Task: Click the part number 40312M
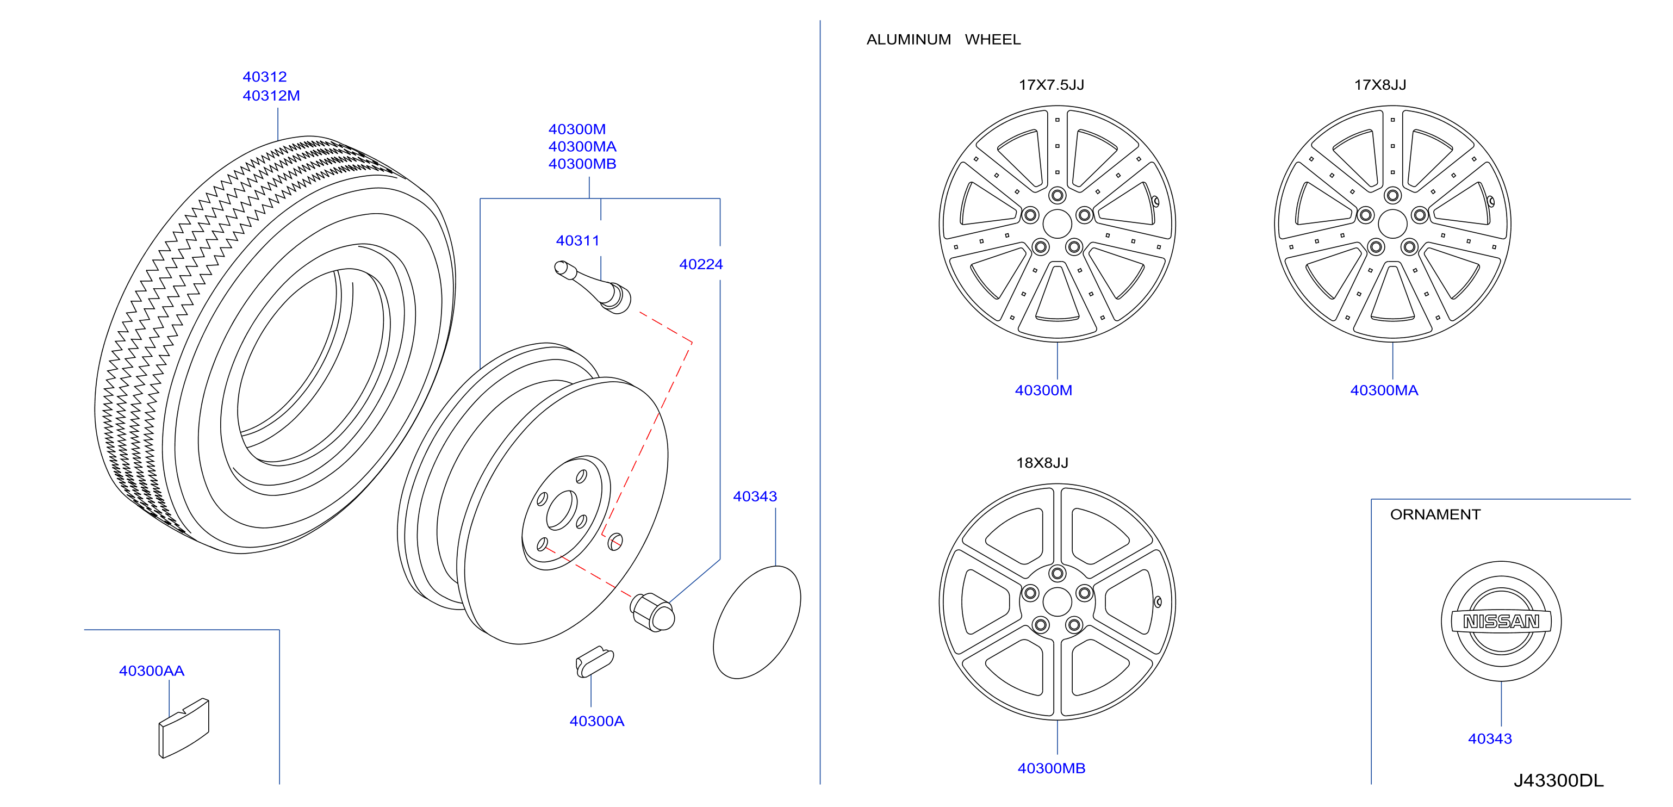click(271, 96)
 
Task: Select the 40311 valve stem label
click(577, 240)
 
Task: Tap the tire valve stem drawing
click(592, 287)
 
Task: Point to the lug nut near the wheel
click(652, 611)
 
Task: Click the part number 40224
click(701, 264)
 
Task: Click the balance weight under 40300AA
click(184, 728)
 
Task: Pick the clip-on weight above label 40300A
click(594, 661)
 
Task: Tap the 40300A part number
click(596, 721)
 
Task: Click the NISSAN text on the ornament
click(1501, 622)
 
